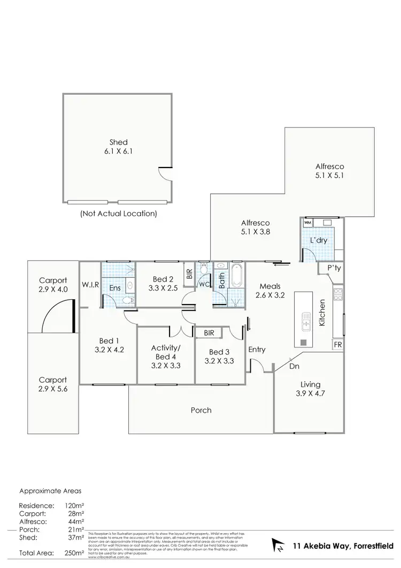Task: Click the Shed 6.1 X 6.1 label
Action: point(119,147)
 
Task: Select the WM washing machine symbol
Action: point(307,222)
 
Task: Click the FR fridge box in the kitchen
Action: point(338,345)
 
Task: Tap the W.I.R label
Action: point(89,284)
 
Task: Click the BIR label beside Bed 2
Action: point(189,275)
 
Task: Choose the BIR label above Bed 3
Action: point(209,333)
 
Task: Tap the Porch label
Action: point(201,411)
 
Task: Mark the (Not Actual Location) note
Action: point(119,214)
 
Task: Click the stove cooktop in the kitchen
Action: point(338,293)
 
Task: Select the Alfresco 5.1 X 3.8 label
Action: point(256,227)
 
